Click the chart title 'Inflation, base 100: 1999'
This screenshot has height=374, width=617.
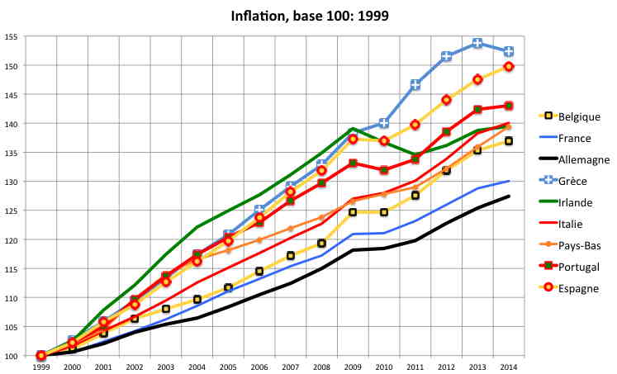tap(308, 14)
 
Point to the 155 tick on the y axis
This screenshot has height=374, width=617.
tap(11, 37)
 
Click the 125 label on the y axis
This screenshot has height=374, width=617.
tap(11, 211)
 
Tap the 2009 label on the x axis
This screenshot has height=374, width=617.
tap(353, 365)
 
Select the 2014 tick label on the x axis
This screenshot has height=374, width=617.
tap(509, 365)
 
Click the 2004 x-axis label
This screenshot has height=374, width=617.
tap(197, 365)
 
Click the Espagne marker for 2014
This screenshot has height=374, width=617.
tap(509, 66)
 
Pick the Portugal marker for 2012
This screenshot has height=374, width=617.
tap(446, 131)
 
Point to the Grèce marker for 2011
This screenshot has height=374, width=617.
tap(415, 84)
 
